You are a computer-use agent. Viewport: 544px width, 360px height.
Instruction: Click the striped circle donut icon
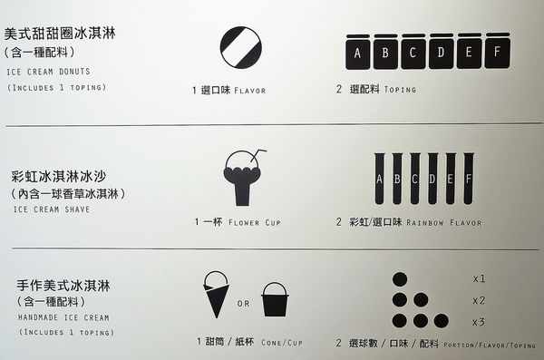coord(241,47)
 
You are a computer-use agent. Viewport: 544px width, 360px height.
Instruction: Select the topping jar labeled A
coord(358,52)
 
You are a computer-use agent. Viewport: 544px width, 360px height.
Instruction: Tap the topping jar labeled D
coord(442,51)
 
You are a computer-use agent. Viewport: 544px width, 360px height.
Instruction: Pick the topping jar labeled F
coord(498,51)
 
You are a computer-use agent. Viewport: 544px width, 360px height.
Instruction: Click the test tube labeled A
coord(379,179)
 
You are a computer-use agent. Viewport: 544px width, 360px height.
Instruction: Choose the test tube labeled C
coord(415,179)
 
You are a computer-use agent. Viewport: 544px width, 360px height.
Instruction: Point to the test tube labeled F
coord(469,179)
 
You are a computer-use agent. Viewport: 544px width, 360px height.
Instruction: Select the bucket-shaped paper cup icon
coord(275,299)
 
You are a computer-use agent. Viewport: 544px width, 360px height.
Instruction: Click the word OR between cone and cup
coord(244,304)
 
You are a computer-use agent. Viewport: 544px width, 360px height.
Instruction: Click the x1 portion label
coord(479,278)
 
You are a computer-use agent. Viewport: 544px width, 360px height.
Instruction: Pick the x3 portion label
coord(479,322)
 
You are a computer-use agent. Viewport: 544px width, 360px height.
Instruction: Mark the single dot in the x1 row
coord(400,279)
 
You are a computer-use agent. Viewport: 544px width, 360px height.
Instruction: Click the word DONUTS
coord(74,72)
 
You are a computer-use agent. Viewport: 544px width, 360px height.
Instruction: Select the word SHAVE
coord(77,209)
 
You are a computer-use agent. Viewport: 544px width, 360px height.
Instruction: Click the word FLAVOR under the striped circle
coord(250,91)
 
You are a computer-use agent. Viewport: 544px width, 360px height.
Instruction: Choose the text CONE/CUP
coord(282,343)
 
